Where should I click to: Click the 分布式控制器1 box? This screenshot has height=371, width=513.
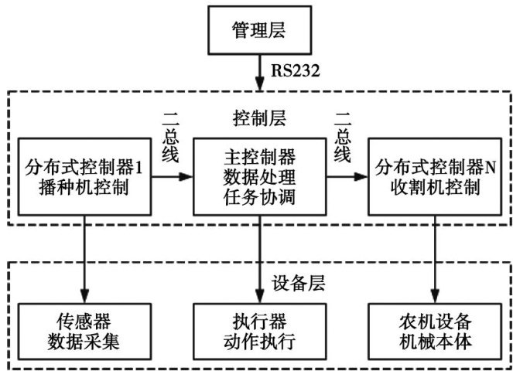pyautogui.click(x=80, y=176)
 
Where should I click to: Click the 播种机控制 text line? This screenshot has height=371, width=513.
pyautogui.click(x=80, y=188)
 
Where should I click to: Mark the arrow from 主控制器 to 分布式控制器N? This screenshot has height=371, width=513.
pyautogui.click(x=345, y=176)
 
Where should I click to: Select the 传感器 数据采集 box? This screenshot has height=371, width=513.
pyautogui.click(x=80, y=328)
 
